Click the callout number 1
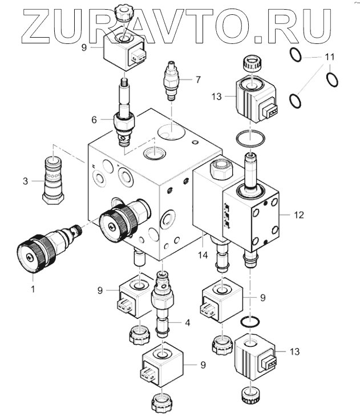[33, 289]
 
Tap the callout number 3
[25, 181]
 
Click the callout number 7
[198, 79]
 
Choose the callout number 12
[299, 215]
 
